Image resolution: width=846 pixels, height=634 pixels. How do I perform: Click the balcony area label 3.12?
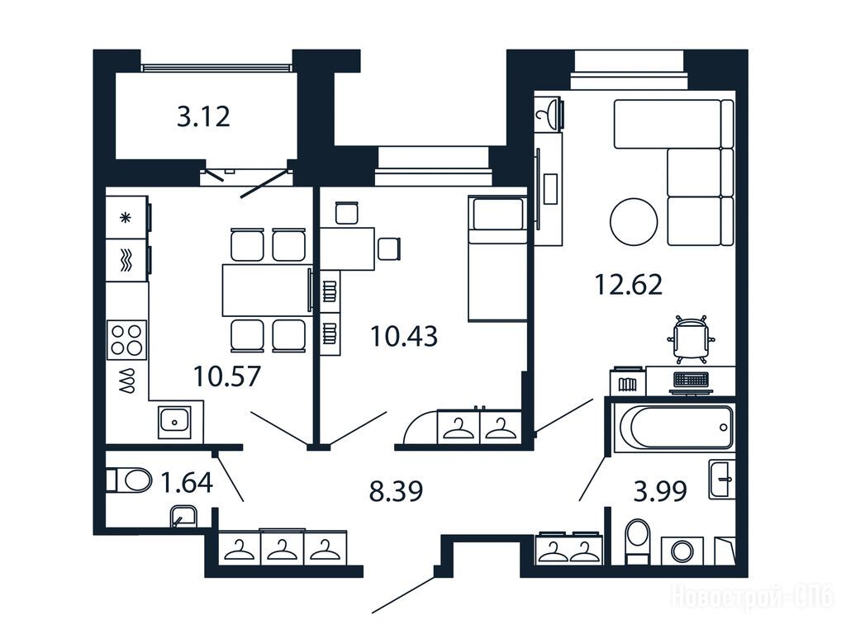click(203, 116)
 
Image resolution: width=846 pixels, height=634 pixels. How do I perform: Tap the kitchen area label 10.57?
click(227, 376)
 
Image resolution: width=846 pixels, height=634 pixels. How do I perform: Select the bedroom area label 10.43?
click(403, 336)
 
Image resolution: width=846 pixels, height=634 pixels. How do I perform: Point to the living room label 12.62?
click(628, 285)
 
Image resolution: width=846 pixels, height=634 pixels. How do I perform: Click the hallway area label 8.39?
click(396, 491)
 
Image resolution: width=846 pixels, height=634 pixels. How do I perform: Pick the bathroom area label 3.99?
click(660, 491)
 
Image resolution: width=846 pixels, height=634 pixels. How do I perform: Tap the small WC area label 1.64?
click(188, 482)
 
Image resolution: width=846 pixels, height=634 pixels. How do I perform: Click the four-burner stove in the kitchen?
click(126, 339)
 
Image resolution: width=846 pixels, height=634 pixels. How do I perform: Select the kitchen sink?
click(174, 420)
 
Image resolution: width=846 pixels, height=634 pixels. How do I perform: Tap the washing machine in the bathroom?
click(682, 551)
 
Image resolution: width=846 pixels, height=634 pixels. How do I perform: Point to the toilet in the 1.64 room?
click(130, 480)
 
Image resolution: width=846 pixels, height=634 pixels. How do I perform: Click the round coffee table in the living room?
click(634, 222)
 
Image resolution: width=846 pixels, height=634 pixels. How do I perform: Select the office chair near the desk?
click(692, 338)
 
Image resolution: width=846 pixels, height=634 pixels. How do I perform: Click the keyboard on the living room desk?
click(692, 380)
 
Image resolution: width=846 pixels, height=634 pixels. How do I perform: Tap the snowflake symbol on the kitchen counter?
click(126, 218)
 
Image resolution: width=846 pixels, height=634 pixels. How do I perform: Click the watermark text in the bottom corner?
click(752, 598)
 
